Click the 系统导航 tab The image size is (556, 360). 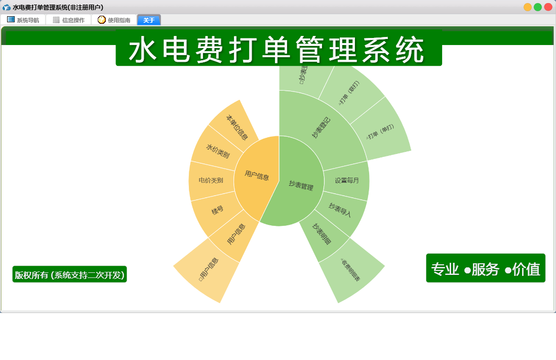[23, 20]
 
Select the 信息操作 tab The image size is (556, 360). [69, 20]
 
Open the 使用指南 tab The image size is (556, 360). [114, 20]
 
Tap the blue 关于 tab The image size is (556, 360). [149, 20]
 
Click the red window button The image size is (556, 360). [548, 7]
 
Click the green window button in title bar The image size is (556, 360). [538, 7]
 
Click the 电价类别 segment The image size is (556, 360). [211, 180]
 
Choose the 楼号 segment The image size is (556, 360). [217, 210]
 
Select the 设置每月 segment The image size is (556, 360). [347, 180]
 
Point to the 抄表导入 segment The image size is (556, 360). [340, 210]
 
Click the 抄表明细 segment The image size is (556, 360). [322, 234]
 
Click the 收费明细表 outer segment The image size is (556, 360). [350, 269]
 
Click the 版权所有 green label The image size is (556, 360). [69, 275]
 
